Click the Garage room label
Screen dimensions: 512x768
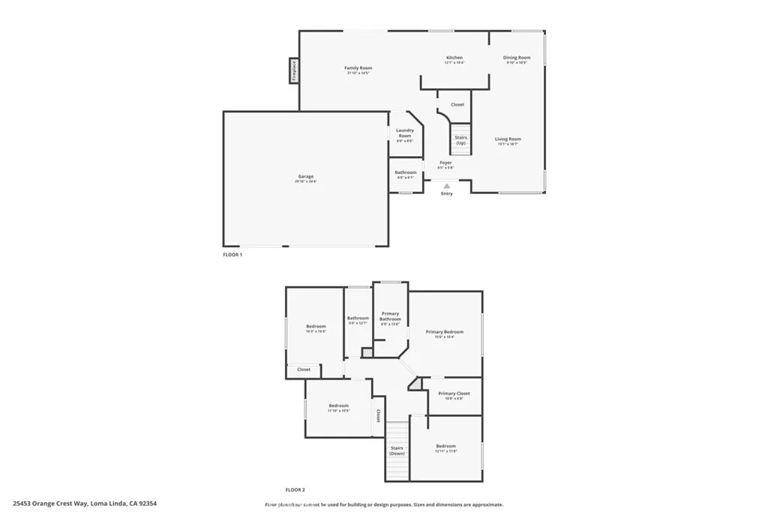(305, 176)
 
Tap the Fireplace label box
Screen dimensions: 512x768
(294, 72)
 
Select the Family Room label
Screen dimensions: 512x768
(359, 68)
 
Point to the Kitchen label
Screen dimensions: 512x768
(454, 58)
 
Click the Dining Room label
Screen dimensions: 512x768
(517, 58)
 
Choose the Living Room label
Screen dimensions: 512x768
(508, 139)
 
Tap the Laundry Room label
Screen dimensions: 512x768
(405, 133)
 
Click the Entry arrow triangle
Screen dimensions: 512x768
(447, 185)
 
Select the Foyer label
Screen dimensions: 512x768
(445, 163)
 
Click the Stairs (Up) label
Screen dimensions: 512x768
(461, 140)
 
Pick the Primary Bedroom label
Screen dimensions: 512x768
(445, 332)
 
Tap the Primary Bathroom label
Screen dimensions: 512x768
(390, 316)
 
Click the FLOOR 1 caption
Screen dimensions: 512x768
(232, 255)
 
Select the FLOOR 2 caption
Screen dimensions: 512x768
(295, 489)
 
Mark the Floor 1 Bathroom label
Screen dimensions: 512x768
(406, 172)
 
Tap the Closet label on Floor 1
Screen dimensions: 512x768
(457, 105)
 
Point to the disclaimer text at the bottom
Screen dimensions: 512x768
(383, 505)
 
